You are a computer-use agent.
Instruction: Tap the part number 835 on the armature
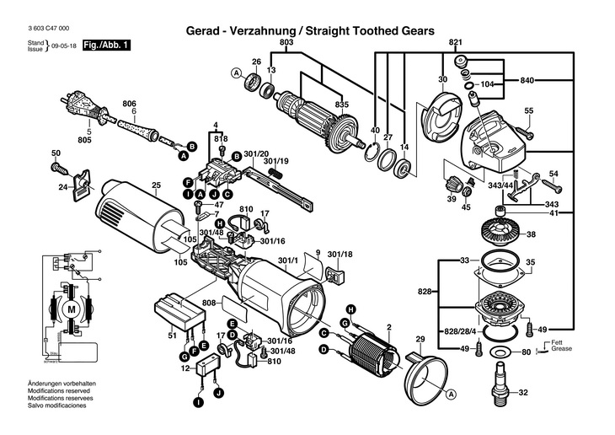pyautogui.click(x=342, y=103)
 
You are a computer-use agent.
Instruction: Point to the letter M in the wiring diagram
pyautogui.click(x=71, y=309)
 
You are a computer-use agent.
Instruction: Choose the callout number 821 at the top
pyautogui.click(x=456, y=42)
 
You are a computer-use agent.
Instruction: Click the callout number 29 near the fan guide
pyautogui.click(x=420, y=340)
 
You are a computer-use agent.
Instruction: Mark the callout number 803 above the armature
pyautogui.click(x=286, y=42)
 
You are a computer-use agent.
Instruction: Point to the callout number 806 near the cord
pyautogui.click(x=129, y=103)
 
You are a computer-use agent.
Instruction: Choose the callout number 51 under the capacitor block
pyautogui.click(x=172, y=336)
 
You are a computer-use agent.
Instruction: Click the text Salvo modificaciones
pyautogui.click(x=56, y=405)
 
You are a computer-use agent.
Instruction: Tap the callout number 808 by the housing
pyautogui.click(x=209, y=302)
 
